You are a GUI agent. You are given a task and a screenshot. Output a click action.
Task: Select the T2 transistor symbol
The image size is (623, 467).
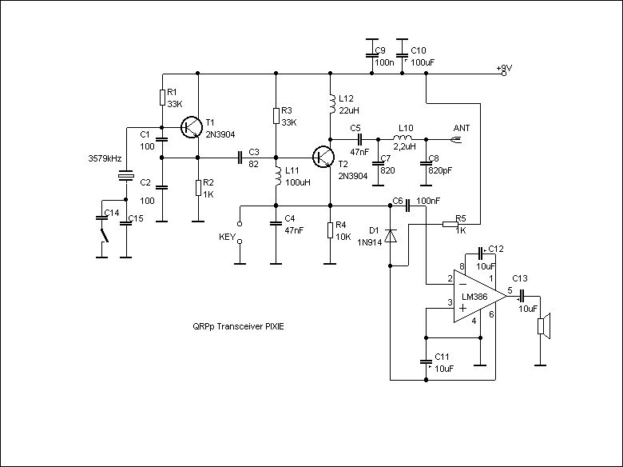(323, 157)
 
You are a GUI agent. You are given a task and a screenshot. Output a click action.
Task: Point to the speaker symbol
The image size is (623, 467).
(542, 326)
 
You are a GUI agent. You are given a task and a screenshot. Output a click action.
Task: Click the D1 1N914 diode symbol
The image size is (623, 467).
(390, 236)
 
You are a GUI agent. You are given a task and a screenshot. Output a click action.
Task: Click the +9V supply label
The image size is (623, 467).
(502, 69)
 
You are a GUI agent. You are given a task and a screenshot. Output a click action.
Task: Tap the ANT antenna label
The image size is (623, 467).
(462, 127)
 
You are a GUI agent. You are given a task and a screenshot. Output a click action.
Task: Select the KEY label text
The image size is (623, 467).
(227, 237)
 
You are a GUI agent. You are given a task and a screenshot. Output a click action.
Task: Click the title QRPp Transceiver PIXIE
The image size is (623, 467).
(238, 326)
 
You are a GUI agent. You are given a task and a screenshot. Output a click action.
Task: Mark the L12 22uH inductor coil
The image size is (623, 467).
(330, 104)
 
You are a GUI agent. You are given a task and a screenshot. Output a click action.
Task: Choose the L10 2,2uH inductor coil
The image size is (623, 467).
(405, 138)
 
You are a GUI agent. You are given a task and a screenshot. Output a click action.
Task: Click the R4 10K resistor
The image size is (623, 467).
(330, 230)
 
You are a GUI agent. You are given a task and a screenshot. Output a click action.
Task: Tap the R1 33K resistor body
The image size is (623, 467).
(162, 98)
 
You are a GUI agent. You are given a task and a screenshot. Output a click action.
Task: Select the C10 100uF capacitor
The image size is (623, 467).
(404, 50)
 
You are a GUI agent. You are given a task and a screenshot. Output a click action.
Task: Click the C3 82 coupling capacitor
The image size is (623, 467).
(239, 158)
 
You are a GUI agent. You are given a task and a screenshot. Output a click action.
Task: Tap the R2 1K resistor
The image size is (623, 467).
(198, 187)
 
